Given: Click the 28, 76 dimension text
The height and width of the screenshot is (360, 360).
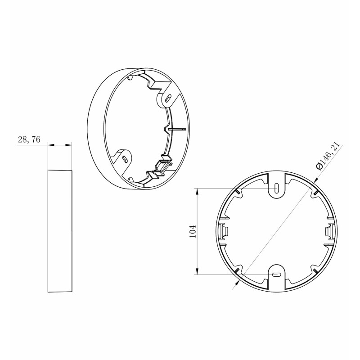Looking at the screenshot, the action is pyautogui.click(x=29, y=139).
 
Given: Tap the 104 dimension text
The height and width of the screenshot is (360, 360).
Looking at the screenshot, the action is pyautogui.click(x=193, y=231).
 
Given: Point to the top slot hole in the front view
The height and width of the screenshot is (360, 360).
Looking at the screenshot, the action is pyautogui.click(x=277, y=188).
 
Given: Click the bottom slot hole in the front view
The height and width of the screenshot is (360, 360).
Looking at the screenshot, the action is pyautogui.click(x=277, y=274).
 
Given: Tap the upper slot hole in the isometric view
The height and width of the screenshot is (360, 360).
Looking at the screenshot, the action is pyautogui.click(x=169, y=98).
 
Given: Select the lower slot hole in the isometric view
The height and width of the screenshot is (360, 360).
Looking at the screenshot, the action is pyautogui.click(x=126, y=159).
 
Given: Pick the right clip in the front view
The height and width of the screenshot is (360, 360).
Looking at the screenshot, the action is pyautogui.click(x=330, y=231).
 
